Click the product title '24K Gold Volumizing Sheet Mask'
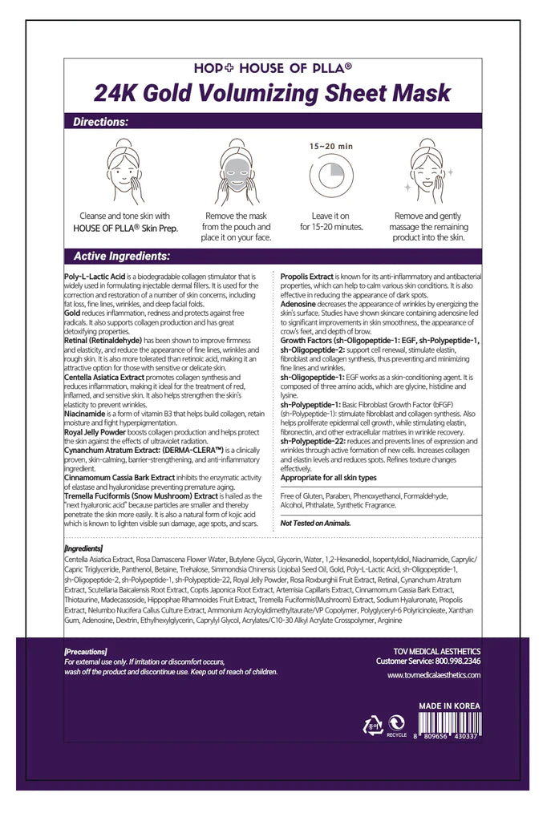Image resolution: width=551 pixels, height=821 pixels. (273, 93)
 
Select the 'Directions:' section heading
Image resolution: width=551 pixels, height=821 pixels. (100, 123)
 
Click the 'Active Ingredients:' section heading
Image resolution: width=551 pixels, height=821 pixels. (121, 257)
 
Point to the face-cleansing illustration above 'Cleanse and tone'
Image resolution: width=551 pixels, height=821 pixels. (124, 172)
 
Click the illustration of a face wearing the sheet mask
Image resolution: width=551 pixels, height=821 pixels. (236, 172)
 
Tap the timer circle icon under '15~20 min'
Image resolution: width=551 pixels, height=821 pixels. (331, 179)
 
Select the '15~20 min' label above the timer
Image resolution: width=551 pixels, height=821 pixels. (331, 147)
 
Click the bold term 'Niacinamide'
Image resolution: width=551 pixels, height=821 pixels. (86, 415)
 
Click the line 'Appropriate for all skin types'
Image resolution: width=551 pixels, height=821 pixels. (328, 477)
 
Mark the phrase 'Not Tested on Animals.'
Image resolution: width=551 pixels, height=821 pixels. (315, 523)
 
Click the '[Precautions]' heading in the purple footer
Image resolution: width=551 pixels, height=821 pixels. (85, 652)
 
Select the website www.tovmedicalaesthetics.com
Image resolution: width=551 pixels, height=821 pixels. (434, 675)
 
